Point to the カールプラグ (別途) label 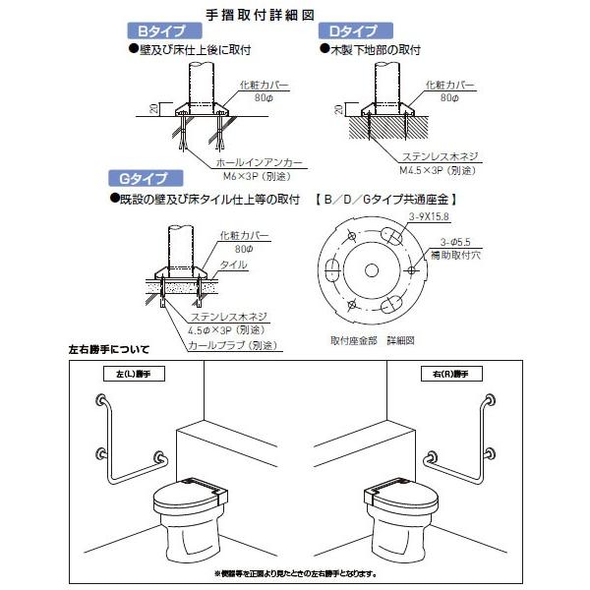pyautogui.click(x=232, y=345)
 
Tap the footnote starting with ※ pyautogui.click(x=295, y=573)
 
